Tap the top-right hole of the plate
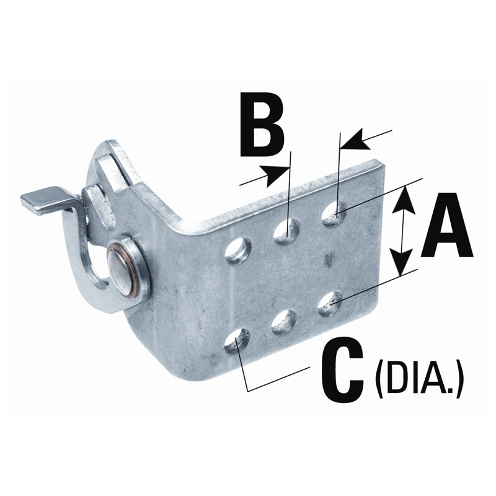pos(334,214)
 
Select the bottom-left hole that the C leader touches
pos(236,341)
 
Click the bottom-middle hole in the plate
pos(283,321)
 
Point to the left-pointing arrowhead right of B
pos(353,142)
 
